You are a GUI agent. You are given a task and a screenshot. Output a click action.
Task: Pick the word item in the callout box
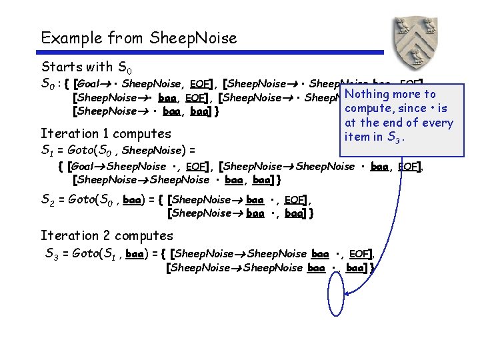(355, 137)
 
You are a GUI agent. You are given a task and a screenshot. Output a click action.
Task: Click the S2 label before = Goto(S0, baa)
(48, 199)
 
